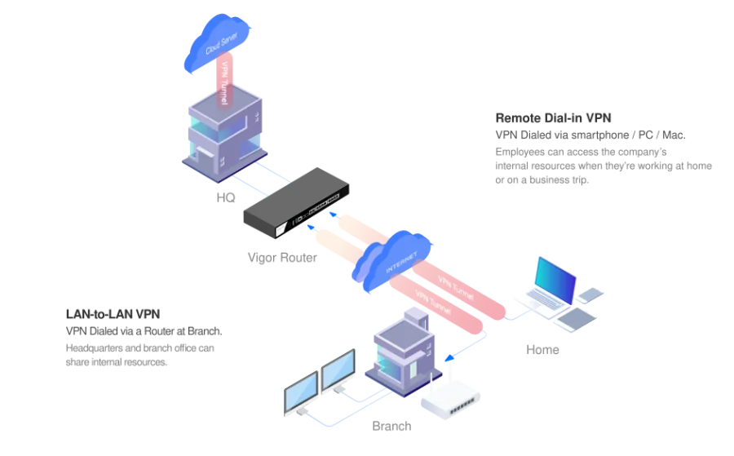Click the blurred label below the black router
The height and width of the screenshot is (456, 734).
tap(282, 260)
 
